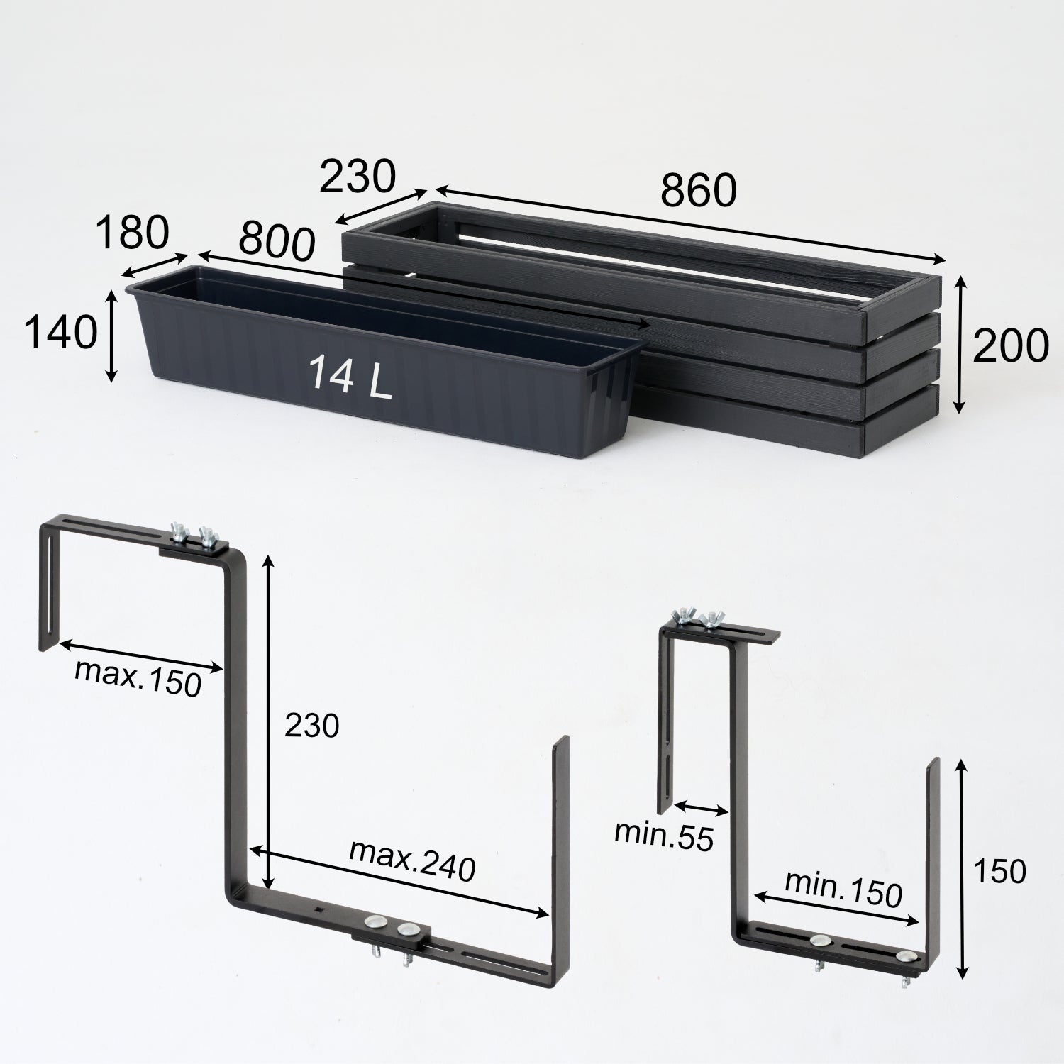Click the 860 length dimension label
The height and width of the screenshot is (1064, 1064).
pyautogui.click(x=699, y=190)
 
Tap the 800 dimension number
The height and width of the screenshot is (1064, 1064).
pyautogui.click(x=276, y=240)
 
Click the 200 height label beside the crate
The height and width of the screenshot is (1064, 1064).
pyautogui.click(x=1010, y=345)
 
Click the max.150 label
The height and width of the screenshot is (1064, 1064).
pyautogui.click(x=138, y=677)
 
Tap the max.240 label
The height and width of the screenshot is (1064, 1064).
pyautogui.click(x=412, y=860)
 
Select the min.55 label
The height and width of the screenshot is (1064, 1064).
pyautogui.click(x=663, y=836)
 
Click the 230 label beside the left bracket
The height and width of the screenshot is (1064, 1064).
pyautogui.click(x=312, y=726)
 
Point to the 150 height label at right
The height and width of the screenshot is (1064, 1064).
pyautogui.click(x=999, y=871)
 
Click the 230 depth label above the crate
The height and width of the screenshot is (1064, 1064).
pyautogui.click(x=356, y=177)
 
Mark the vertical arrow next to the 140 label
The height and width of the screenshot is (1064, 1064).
pyautogui.click(x=111, y=335)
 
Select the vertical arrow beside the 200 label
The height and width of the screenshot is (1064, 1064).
pyautogui.click(x=960, y=345)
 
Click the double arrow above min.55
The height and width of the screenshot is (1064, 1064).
pyautogui.click(x=701, y=809)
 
